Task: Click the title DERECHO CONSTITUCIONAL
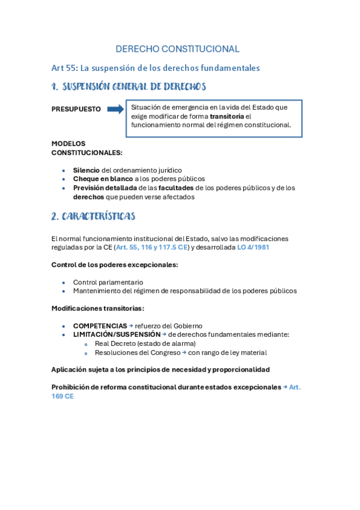pyautogui.click(x=177, y=49)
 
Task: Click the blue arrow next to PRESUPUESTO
pyautogui.click(x=115, y=109)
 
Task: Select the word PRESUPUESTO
pyautogui.click(x=76, y=109)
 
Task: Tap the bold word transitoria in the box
pyautogui.click(x=227, y=116)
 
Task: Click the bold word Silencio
pyautogui.click(x=87, y=170)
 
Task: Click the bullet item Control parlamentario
pyautogui.click(x=108, y=282)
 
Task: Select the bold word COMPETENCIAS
pyautogui.click(x=100, y=326)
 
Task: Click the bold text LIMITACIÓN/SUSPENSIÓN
pyautogui.click(x=117, y=334)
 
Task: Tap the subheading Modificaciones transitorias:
pyautogui.click(x=97, y=308)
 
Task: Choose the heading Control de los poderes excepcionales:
pyautogui.click(x=114, y=265)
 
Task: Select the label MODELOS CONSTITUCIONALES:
pyautogui.click(x=87, y=148)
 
